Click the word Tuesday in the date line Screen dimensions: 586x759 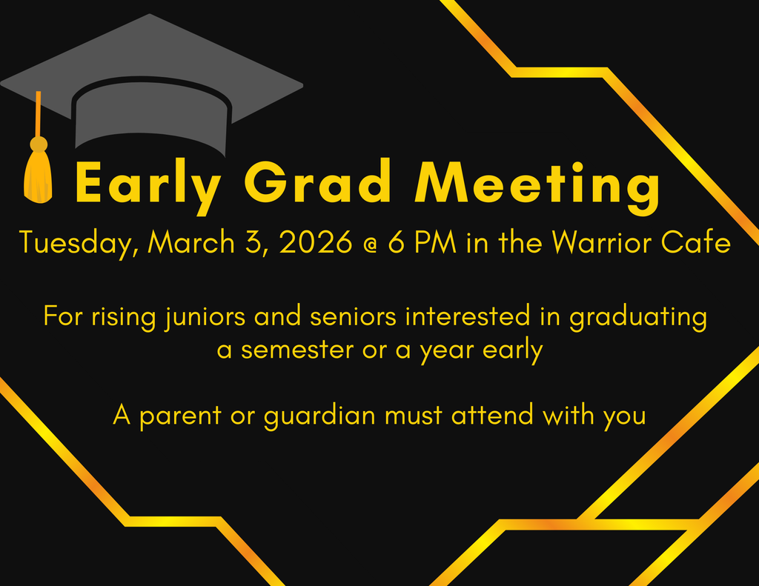click(x=78, y=244)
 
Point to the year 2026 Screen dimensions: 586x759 click(x=316, y=242)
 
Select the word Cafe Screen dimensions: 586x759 click(x=700, y=242)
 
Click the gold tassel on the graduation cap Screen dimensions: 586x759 click(x=38, y=174)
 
